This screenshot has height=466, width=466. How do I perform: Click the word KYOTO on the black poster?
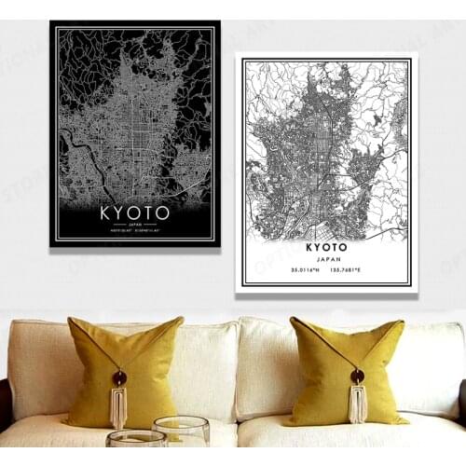click(x=134, y=212)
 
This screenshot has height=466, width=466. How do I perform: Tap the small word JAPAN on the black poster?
click(x=134, y=225)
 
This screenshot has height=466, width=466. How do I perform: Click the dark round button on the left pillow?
click(x=120, y=378)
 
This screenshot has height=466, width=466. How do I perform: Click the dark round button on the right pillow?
click(x=357, y=377)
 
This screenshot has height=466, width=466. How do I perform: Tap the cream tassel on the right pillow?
click(x=357, y=403)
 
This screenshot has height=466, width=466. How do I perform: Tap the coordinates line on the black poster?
click(x=134, y=233)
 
